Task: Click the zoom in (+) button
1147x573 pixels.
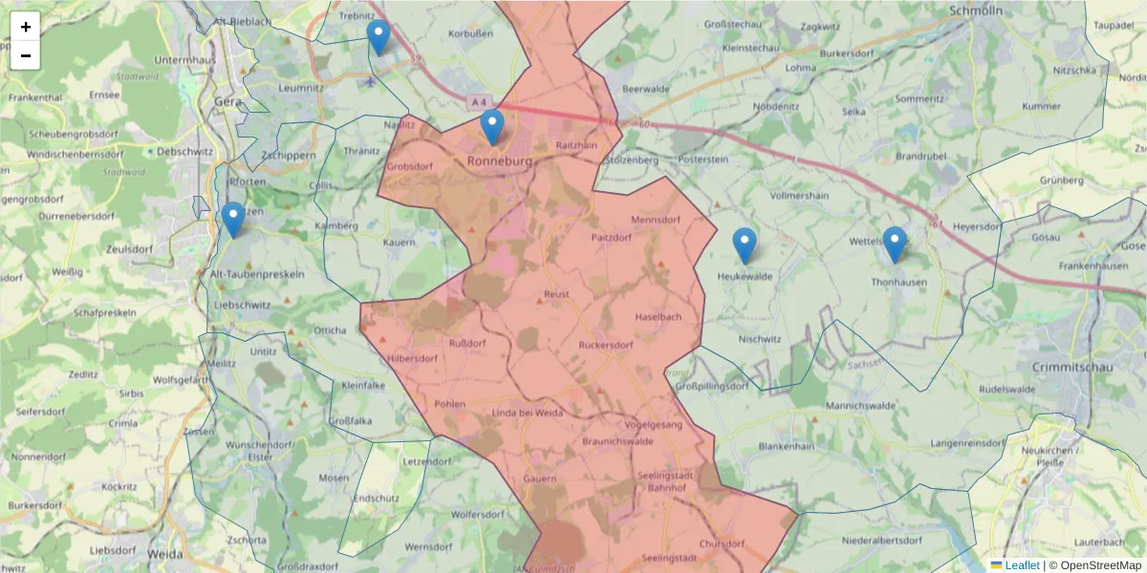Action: [26, 27]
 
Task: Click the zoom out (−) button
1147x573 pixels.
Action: [26, 55]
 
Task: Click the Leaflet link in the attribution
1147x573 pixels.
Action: [1022, 565]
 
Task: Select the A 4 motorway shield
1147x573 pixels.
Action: [479, 101]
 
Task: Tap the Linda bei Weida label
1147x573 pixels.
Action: [528, 413]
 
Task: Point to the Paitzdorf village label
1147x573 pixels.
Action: [612, 237]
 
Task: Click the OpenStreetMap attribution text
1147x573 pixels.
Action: [1101, 565]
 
